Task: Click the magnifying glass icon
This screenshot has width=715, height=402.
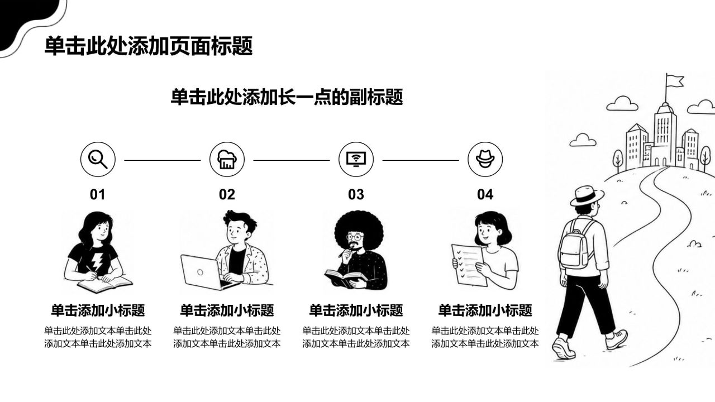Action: click(x=98, y=159)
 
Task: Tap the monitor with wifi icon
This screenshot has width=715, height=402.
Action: click(x=356, y=159)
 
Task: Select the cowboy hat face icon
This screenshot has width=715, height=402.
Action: click(x=485, y=159)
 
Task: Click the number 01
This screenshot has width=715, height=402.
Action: click(x=97, y=194)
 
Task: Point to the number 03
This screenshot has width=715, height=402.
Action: click(x=356, y=194)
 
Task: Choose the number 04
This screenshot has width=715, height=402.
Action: click(x=485, y=194)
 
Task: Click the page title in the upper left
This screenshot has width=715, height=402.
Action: click(x=149, y=46)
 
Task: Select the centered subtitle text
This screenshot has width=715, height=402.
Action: click(x=287, y=97)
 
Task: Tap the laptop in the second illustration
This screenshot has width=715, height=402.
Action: click(x=207, y=272)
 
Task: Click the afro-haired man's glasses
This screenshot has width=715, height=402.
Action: click(x=355, y=237)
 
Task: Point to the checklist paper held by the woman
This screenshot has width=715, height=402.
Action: click(x=469, y=265)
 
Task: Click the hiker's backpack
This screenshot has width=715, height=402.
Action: click(x=575, y=244)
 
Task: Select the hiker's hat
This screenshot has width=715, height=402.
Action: click(x=587, y=195)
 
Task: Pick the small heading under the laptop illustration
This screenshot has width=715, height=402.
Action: click(x=227, y=310)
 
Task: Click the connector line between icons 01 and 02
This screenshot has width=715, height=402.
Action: click(x=163, y=160)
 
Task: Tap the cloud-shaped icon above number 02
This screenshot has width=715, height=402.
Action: click(x=227, y=159)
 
